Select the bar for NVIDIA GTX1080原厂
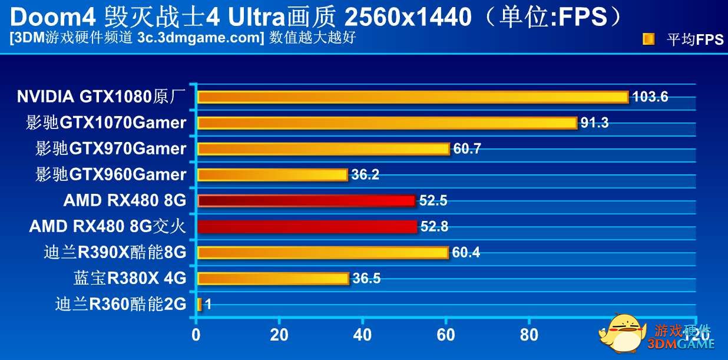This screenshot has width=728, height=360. [412, 97]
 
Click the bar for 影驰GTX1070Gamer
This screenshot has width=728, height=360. [386, 123]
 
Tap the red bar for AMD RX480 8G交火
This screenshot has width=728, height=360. [307, 227]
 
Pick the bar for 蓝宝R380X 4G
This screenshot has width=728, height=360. [273, 279]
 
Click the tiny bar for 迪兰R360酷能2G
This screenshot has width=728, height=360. [200, 305]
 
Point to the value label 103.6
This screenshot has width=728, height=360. [650, 97]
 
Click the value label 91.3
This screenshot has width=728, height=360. [594, 123]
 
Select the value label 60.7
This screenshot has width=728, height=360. [467, 149]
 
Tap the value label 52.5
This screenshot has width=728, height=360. [433, 201]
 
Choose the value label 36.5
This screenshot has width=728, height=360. [366, 279]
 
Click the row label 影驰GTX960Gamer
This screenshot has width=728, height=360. [111, 175]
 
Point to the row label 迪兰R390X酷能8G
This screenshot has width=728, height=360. [115, 253]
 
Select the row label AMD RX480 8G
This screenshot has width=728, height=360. [125, 201]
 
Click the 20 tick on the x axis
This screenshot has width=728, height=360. [279, 335]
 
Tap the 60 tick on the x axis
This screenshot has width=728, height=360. [446, 335]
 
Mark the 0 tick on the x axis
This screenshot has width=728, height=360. [196, 335]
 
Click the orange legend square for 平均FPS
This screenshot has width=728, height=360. [648, 39]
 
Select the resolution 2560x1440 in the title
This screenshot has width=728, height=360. [408, 17]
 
